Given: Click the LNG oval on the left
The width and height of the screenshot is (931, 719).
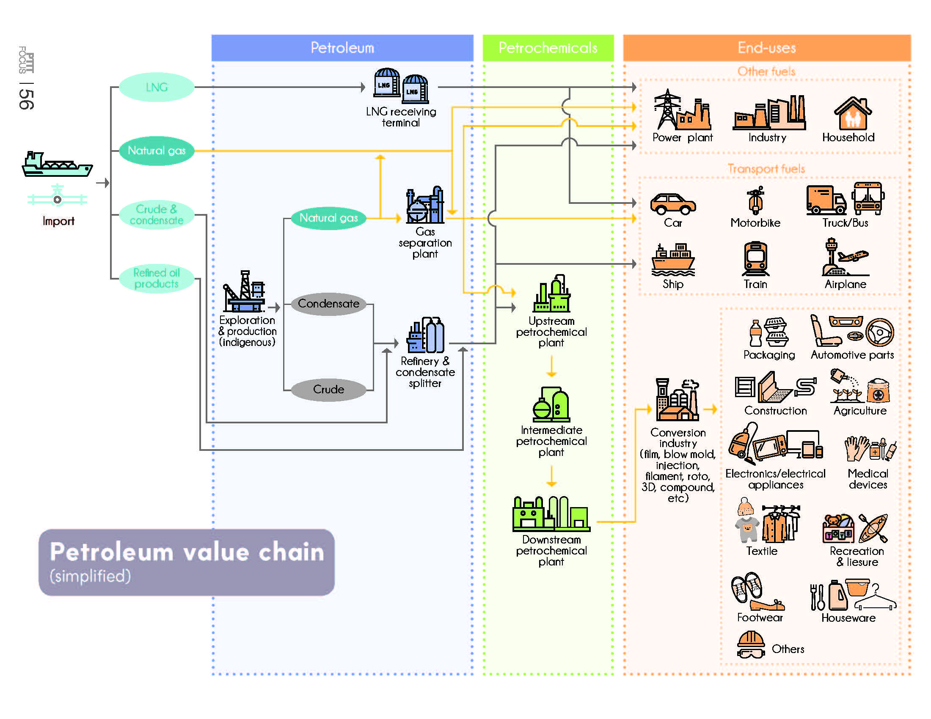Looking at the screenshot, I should point(157,87).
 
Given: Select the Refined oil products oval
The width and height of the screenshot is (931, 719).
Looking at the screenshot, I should point(157,279).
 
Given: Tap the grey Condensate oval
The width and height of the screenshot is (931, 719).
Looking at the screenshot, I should point(328,304).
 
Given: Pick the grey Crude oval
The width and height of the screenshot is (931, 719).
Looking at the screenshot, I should point(328,389).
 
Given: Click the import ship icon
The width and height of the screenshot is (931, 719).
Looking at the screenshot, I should point(57,164).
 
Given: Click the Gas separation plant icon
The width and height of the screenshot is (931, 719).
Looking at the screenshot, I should point(425,205).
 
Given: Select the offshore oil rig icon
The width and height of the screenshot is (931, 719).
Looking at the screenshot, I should point(244,292).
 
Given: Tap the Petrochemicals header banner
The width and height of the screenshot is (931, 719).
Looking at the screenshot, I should point(548,48).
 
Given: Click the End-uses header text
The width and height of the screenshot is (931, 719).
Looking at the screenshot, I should point(766,48).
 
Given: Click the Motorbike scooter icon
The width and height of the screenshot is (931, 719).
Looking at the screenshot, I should point(756,200).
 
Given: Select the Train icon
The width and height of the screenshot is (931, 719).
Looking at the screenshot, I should point(755,258).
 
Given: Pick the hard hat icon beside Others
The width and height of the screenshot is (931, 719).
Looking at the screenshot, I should point(751,645).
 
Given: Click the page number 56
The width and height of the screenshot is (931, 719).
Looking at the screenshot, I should point(26,99).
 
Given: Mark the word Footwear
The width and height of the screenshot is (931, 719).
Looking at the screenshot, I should point(760,617).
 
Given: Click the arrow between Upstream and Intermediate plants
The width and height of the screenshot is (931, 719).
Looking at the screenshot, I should point(551,366).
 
